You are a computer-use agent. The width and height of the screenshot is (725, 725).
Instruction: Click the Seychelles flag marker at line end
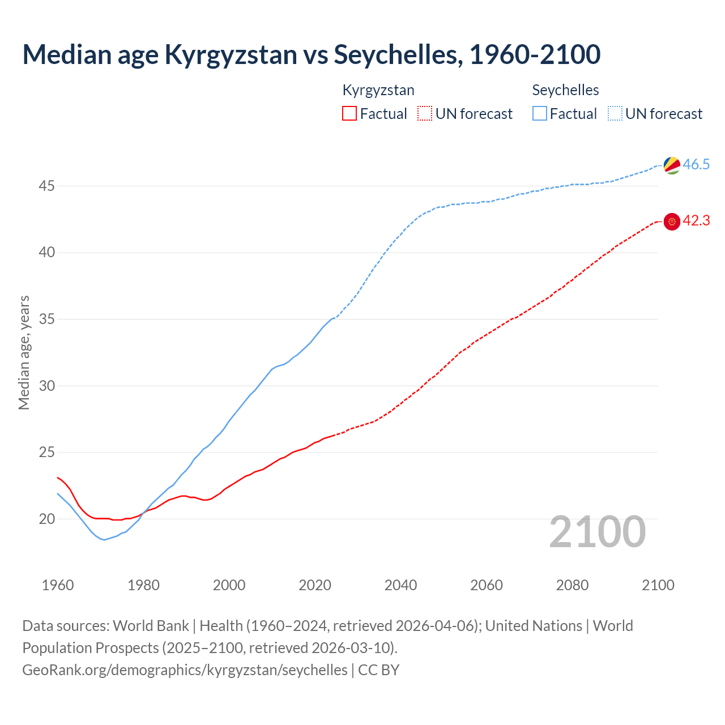pyautogui.click(x=672, y=165)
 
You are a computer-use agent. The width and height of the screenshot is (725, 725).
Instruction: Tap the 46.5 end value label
pyautogui.click(x=696, y=165)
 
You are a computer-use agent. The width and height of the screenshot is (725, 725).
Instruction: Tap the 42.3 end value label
pyautogui.click(x=696, y=221)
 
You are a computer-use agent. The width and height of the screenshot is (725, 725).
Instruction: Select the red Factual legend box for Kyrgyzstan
pyautogui.click(x=349, y=114)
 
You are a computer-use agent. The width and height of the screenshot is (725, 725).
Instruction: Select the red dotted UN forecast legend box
pyautogui.click(x=425, y=114)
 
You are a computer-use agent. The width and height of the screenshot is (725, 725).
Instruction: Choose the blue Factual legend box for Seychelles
pyautogui.click(x=540, y=114)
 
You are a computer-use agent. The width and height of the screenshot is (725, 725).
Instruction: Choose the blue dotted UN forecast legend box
pyautogui.click(x=615, y=114)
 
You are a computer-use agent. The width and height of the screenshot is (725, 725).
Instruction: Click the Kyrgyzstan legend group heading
pyautogui.click(x=378, y=90)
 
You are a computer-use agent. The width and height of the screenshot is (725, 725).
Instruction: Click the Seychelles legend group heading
pyautogui.click(x=565, y=90)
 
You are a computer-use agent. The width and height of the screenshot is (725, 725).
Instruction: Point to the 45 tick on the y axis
pyautogui.click(x=46, y=186)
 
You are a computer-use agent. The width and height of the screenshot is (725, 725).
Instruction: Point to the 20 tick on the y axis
pyautogui.click(x=46, y=519)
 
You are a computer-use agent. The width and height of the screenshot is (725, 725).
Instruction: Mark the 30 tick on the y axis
pyautogui.click(x=46, y=386)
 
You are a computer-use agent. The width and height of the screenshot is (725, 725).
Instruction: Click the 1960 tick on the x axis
pyautogui.click(x=58, y=585)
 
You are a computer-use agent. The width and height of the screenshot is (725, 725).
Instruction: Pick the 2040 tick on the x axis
pyautogui.click(x=400, y=585)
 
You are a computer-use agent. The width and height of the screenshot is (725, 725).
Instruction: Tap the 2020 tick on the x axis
pyautogui.click(x=315, y=585)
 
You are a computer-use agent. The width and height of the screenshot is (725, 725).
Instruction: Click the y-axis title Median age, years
pyautogui.click(x=24, y=352)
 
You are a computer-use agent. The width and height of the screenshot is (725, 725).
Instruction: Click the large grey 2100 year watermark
pyautogui.click(x=598, y=532)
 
